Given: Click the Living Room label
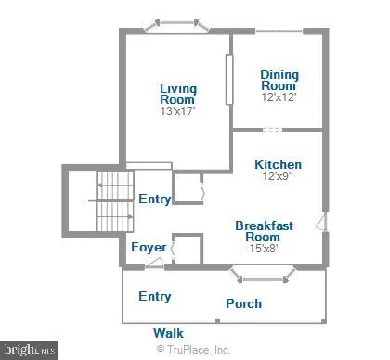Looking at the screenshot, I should [178, 94].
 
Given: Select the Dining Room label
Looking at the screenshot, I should [278, 80].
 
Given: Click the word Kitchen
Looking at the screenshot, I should [278, 165].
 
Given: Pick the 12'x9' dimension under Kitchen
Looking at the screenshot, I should [278, 178].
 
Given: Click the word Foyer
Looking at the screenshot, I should [149, 248].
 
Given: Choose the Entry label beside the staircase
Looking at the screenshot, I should [155, 199].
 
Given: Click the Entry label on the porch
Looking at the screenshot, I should [155, 296].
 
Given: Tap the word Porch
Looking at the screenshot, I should [243, 303].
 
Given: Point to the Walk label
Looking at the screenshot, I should [168, 332].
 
